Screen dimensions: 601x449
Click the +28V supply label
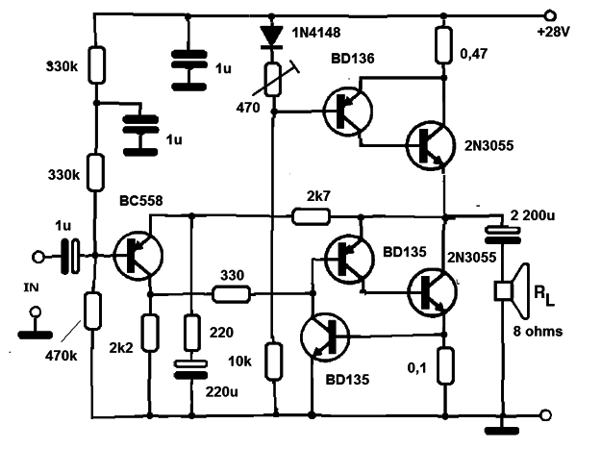click(554, 32)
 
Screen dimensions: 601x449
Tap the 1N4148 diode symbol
click(271, 37)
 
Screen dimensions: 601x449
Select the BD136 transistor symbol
click(348, 111)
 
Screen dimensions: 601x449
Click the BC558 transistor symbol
click(138, 256)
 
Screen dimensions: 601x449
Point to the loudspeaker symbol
click(513, 291)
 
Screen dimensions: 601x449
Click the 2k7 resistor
click(311, 216)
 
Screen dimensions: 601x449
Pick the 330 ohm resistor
click(232, 294)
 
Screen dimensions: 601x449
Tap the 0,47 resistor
click(443, 45)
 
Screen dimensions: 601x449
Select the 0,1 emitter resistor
click(445, 365)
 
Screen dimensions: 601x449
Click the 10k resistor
click(274, 362)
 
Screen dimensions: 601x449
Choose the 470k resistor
click(92, 311)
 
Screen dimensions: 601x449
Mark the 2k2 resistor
click(150, 333)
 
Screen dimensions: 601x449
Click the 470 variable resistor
click(273, 79)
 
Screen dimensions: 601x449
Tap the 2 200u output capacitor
click(503, 236)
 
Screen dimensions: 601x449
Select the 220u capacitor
click(191, 369)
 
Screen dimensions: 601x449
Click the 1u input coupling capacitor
click(70, 256)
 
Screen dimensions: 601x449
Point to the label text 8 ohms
click(538, 332)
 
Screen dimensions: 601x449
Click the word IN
click(31, 287)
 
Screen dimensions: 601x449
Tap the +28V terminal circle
click(550, 16)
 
